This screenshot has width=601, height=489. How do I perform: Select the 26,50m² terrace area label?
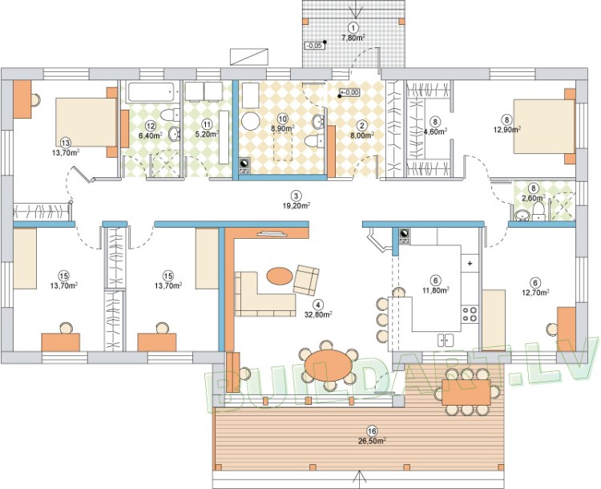point(371,441)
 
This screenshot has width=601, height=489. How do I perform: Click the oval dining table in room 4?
point(329,365)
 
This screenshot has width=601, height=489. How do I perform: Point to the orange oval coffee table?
point(279,276)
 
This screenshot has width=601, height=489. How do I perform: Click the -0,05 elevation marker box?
point(314,46)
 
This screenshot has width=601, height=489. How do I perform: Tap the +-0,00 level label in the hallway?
point(350,92)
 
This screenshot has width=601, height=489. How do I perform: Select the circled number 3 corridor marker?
point(296,196)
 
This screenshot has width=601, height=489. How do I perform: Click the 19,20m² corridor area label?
point(296,205)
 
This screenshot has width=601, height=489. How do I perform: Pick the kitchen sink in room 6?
point(446,340)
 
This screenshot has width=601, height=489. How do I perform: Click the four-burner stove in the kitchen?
point(470,313)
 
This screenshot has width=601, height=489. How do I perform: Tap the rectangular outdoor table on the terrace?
point(466,392)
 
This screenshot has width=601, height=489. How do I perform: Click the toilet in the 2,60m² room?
point(538,212)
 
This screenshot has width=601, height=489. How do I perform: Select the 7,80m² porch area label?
point(353,38)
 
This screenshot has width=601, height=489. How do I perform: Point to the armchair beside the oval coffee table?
point(306,280)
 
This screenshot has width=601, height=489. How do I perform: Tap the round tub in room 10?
point(251,122)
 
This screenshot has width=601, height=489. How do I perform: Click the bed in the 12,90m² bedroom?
point(544,126)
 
